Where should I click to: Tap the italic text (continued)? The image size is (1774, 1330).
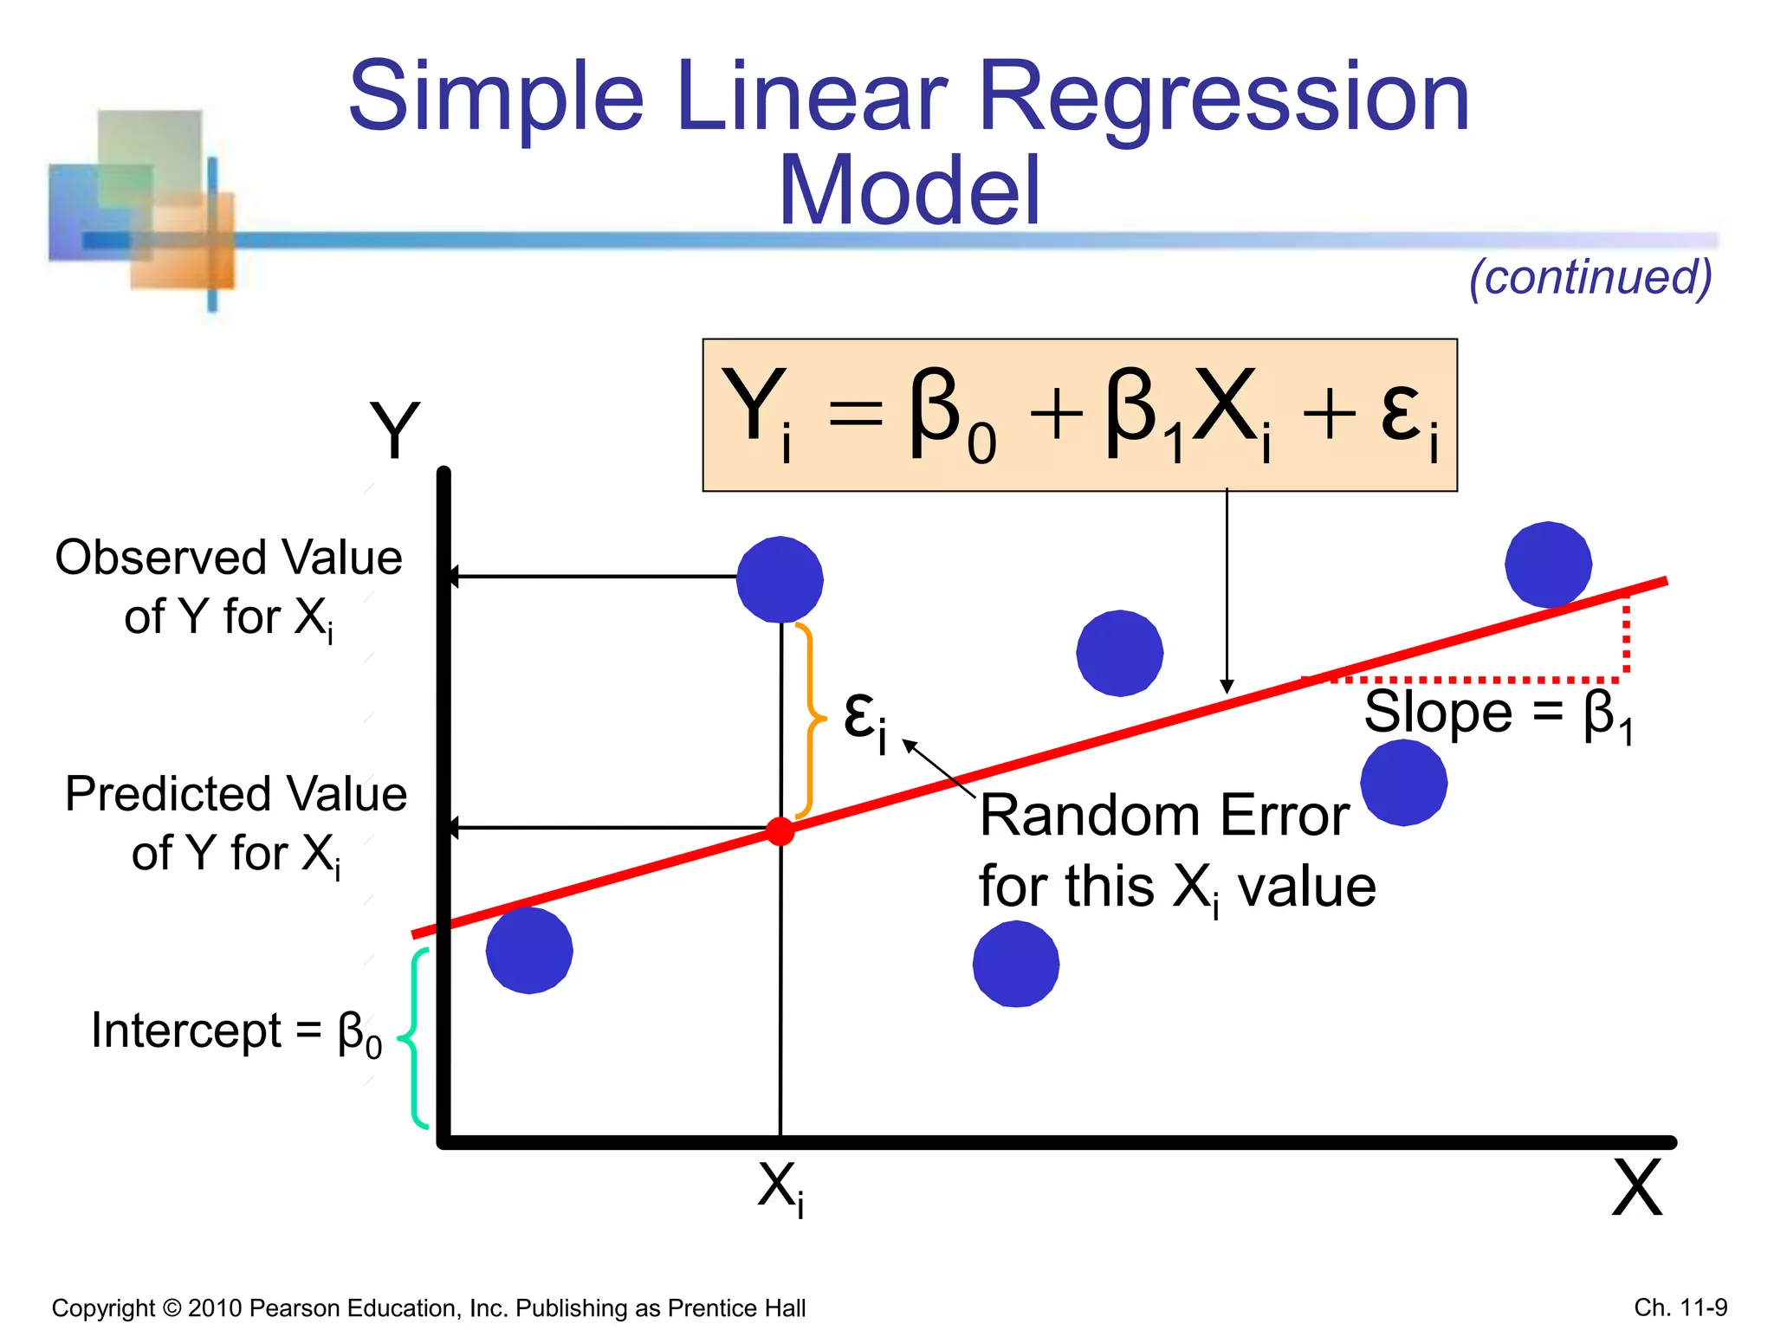pos(1590,277)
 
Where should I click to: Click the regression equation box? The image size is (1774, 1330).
pos(1079,415)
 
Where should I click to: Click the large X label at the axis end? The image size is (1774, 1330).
pos(1636,1188)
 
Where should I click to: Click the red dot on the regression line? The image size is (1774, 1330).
pos(780,831)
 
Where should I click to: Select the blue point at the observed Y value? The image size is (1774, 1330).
pos(780,579)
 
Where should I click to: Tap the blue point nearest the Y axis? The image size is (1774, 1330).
pos(529,950)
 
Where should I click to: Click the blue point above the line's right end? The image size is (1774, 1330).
pos(1548,565)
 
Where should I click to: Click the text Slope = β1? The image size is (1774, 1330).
pos(1498,714)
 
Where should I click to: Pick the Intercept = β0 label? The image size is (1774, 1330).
pos(236,1032)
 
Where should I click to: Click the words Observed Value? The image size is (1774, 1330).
pos(229,558)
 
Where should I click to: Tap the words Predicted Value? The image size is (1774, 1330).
pos(236,794)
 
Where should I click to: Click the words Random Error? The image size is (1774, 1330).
pos(1164,816)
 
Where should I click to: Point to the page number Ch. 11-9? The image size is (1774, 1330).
pos(1680,1307)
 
